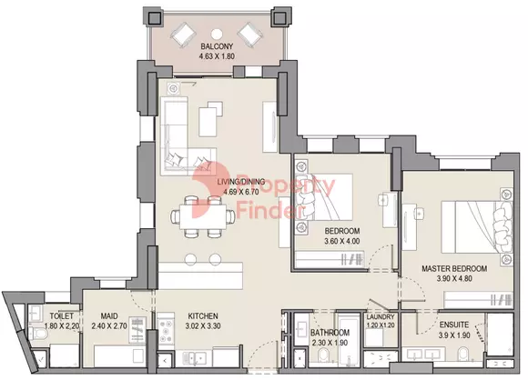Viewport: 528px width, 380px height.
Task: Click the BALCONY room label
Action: [217, 46]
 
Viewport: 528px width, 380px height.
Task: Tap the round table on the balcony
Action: [217, 34]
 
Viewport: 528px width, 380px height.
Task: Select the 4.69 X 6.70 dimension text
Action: [241, 192]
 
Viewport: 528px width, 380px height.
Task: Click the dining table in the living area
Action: [203, 217]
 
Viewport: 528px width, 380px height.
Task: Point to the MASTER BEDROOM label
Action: [454, 269]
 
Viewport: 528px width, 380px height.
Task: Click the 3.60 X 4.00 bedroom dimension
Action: [341, 241]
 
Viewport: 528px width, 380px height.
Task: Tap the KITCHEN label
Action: [203, 316]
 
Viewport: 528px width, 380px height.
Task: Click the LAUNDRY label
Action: [381, 316]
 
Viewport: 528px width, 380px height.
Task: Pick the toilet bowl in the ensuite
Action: [463, 355]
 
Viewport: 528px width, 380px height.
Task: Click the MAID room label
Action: [109, 316]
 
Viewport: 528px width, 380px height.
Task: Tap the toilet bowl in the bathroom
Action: [324, 355]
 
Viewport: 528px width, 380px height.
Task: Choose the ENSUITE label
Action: [454, 325]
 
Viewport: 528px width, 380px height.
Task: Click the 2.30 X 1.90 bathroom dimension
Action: [330, 343]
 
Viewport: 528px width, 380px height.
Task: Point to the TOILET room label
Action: [62, 316]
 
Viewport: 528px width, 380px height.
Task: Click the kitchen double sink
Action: [194, 358]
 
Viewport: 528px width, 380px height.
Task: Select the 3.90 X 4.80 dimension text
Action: [454, 279]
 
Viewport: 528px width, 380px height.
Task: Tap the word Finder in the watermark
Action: [269, 212]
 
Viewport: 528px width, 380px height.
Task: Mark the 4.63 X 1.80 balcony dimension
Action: [217, 56]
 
